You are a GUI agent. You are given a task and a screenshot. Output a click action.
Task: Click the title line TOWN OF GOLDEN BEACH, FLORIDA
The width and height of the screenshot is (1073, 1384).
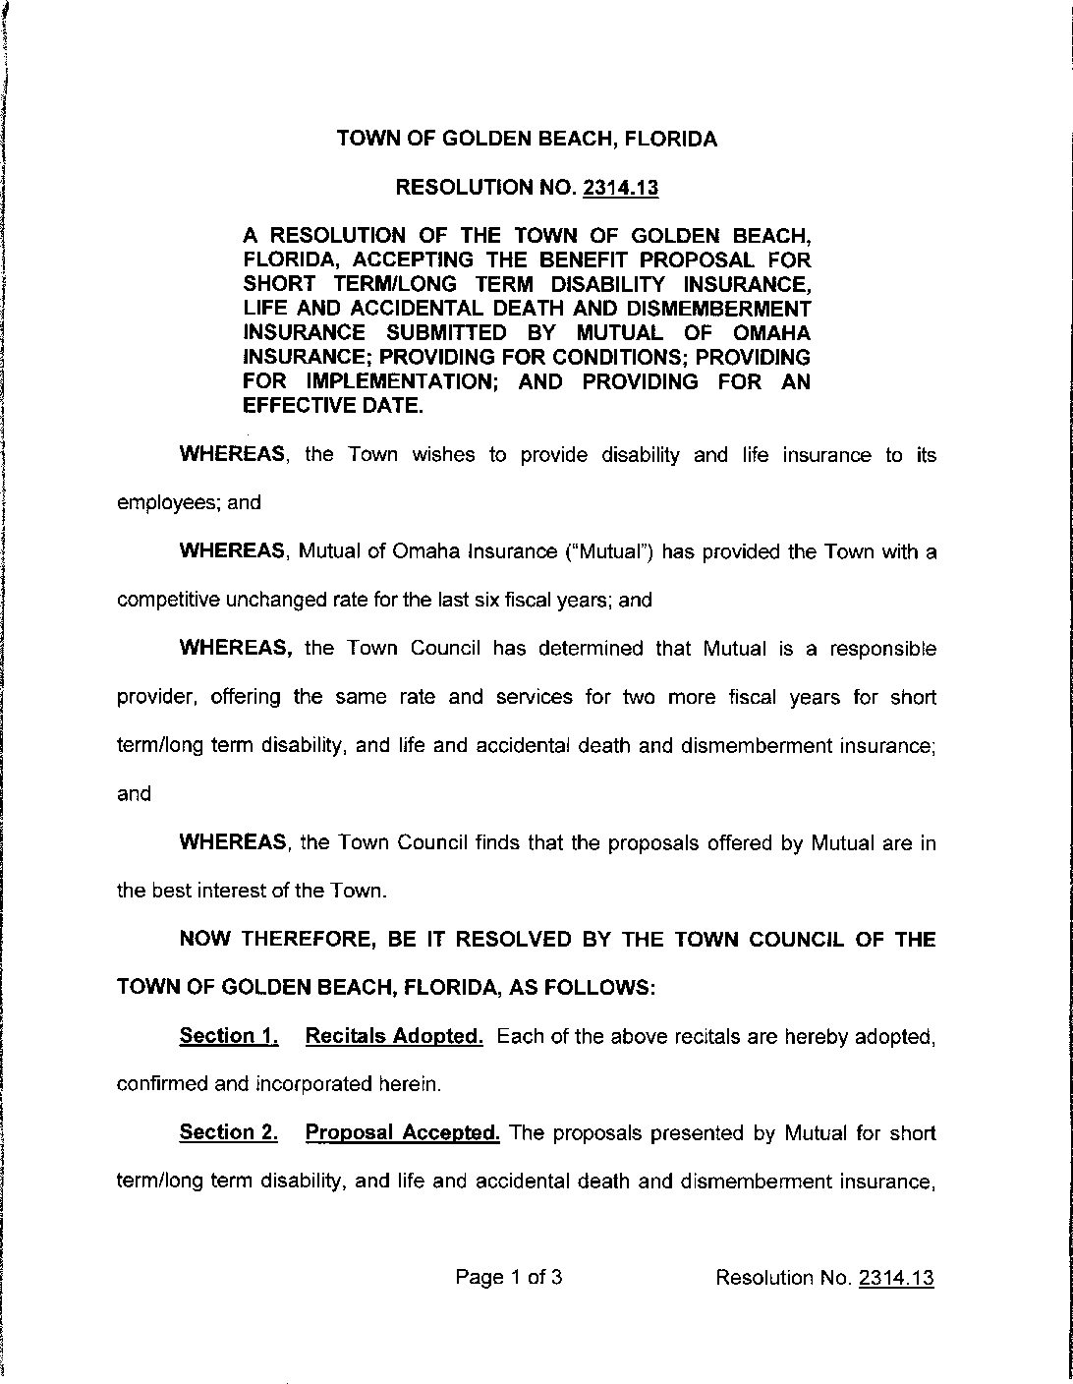pos(527,139)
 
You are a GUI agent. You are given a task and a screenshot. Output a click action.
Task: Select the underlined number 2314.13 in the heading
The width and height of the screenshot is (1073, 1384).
pos(620,188)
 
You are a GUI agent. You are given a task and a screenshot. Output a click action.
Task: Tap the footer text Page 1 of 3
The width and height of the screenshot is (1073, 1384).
pos(508,1278)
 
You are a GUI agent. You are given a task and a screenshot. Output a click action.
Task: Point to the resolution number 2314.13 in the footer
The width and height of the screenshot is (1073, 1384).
pos(895,1278)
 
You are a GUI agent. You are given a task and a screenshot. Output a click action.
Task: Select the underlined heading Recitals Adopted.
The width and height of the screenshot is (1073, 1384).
pos(394,1035)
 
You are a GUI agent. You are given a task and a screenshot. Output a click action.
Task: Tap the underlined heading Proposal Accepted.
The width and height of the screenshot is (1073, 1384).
pos(403,1132)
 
